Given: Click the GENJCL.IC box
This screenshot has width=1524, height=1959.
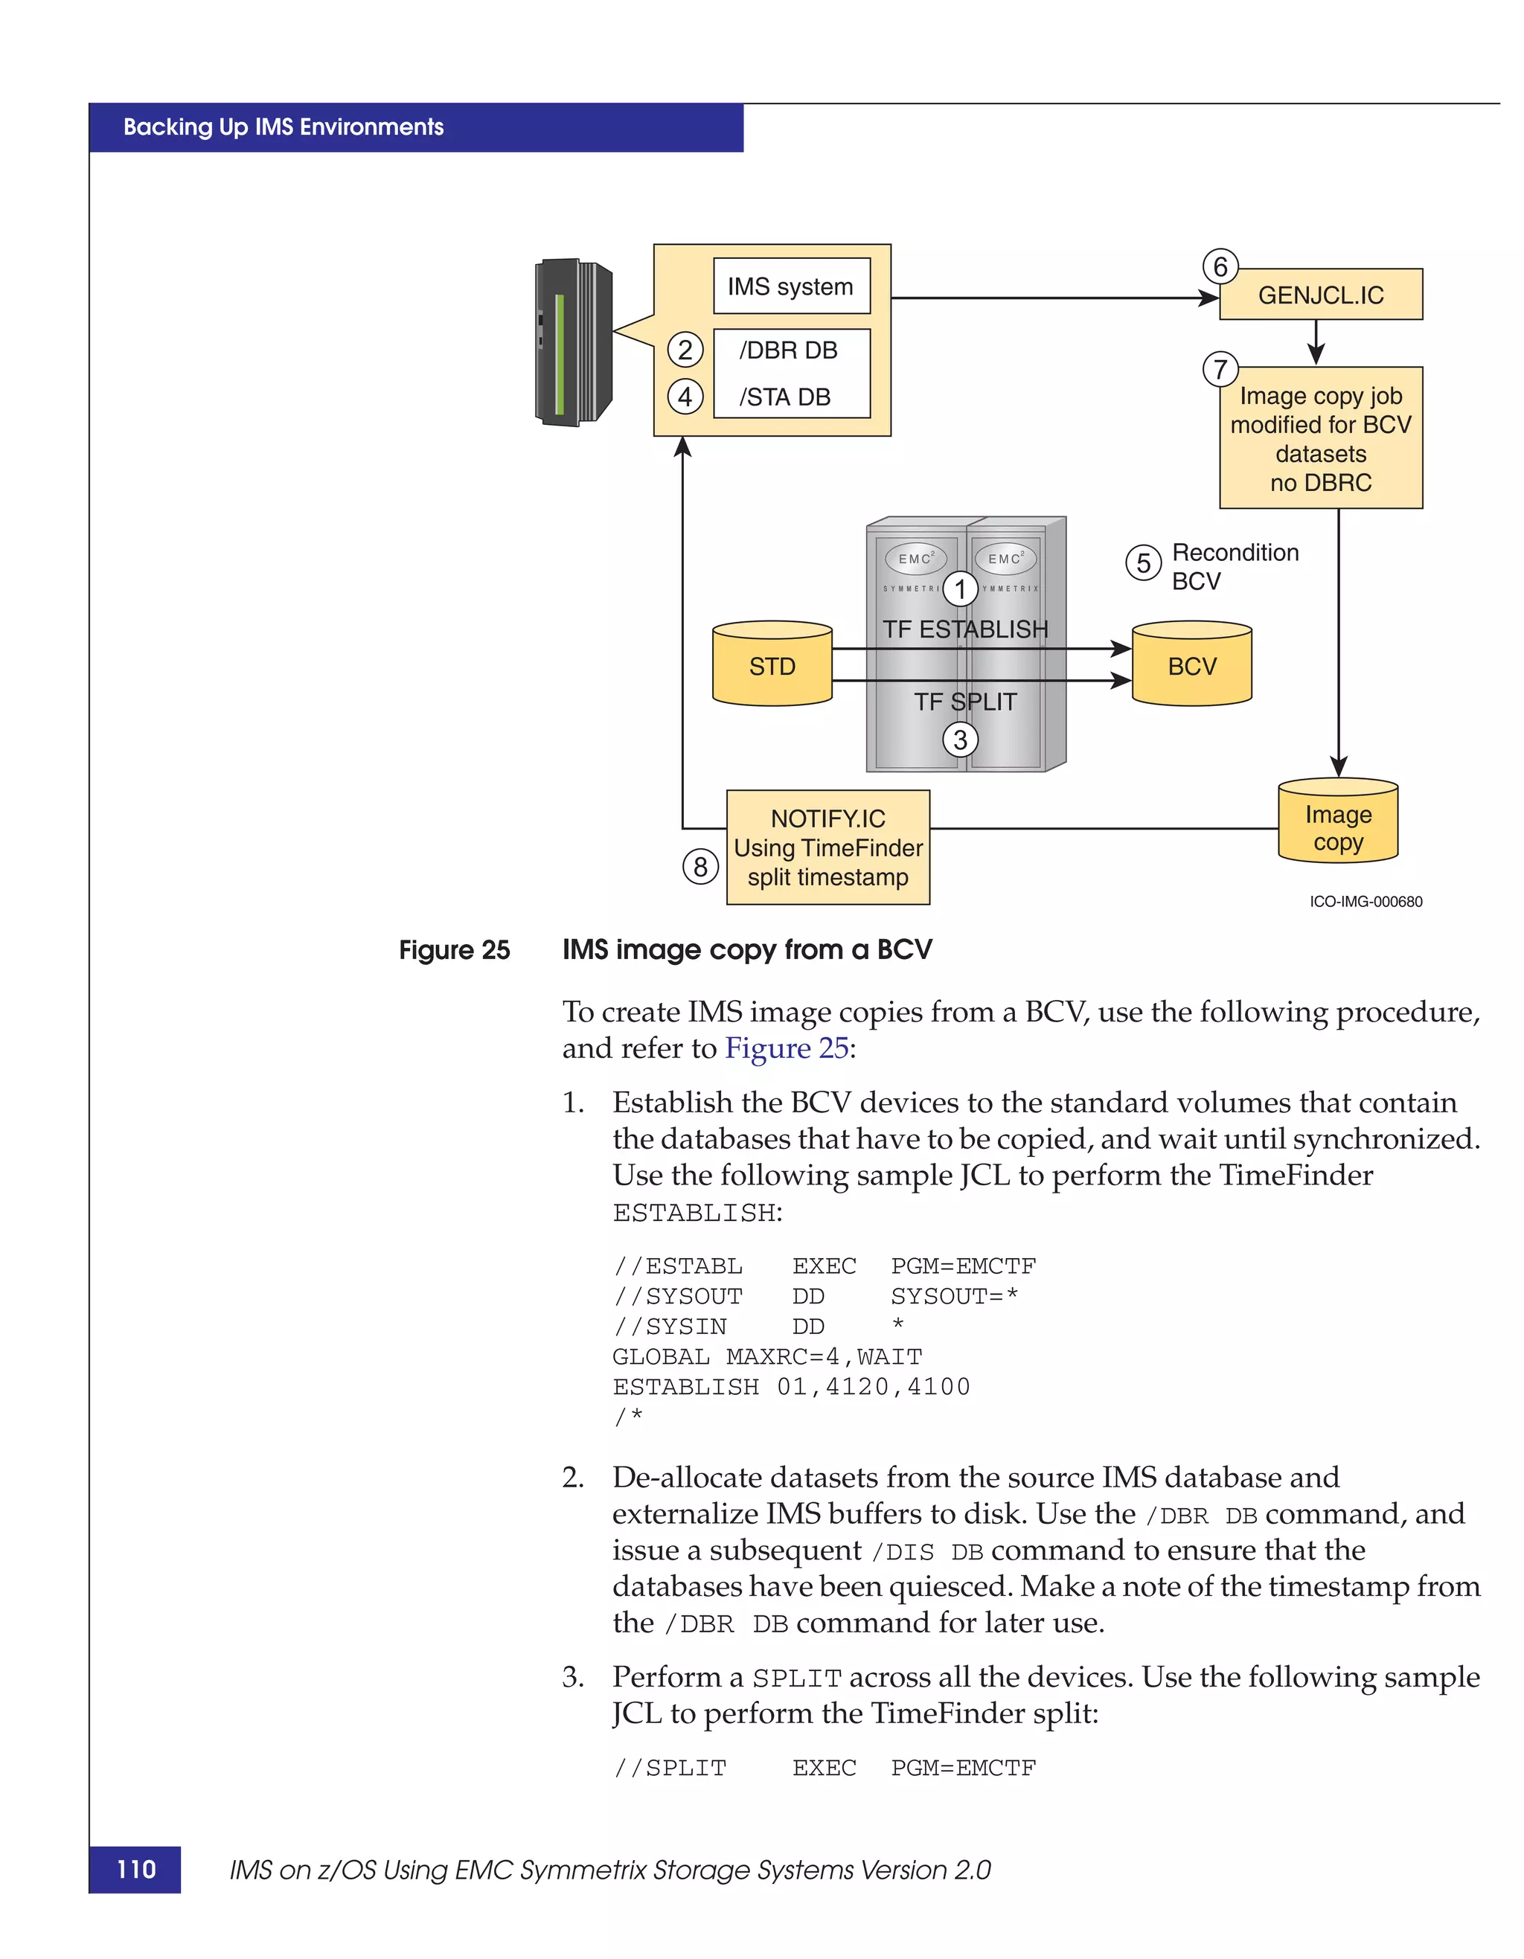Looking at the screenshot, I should pos(1320,295).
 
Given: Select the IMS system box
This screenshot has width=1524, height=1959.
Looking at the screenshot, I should pos(790,287).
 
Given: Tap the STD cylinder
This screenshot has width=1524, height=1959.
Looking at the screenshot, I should pos(772,666).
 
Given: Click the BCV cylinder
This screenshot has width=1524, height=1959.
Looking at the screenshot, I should pos(1191,666).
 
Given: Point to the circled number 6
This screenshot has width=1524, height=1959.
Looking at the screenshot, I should pos(1220,266).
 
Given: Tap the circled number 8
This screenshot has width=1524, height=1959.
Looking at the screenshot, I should pos(699,867).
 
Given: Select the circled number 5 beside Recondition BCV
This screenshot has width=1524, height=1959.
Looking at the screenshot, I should pos(1143,563).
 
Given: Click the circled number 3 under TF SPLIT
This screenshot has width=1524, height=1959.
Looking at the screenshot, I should pos(960,740).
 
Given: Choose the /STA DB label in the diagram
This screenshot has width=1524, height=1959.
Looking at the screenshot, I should pos(784,397).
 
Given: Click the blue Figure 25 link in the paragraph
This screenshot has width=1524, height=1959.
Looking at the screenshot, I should pos(786,1048).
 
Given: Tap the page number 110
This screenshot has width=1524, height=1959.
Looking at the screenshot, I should pos(136,1869).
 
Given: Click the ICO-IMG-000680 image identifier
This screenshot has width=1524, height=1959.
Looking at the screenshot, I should pos(1365,902).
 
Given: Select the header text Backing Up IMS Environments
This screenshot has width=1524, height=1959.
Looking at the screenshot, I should pos(284,127).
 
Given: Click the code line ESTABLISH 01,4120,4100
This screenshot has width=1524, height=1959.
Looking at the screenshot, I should pos(790,1387).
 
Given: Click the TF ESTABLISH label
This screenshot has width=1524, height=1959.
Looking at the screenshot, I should pos(964,629).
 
